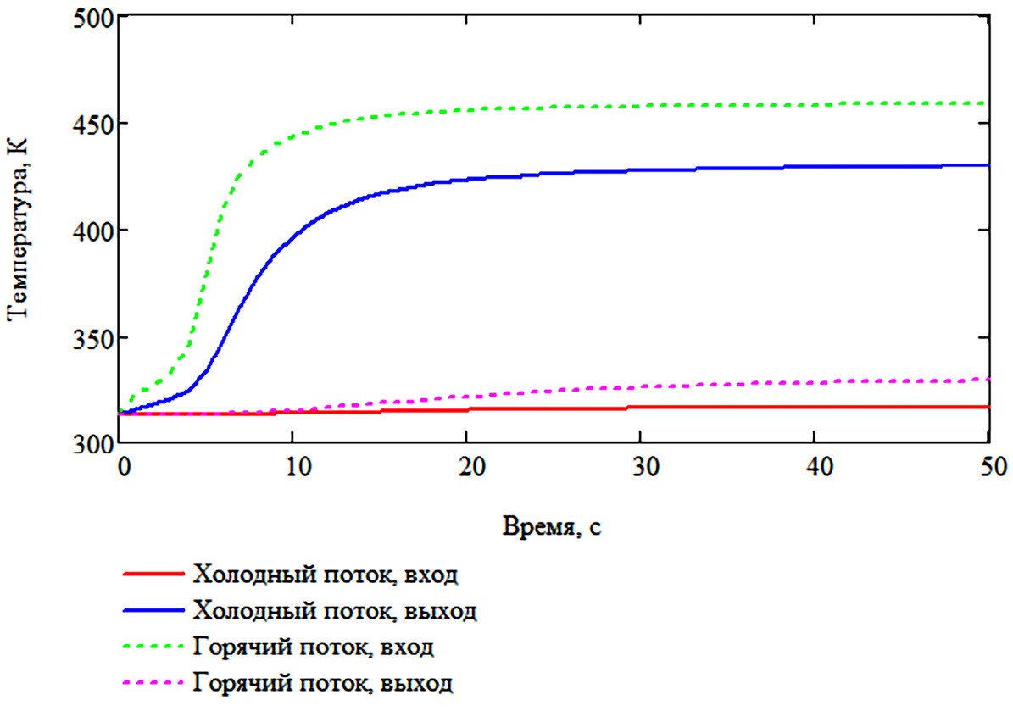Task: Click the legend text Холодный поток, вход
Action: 326,575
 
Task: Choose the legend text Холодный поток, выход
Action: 335,610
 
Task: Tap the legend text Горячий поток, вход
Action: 314,647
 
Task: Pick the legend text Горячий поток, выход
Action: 323,682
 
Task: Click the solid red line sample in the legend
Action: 153,575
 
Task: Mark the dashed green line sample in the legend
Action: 153,647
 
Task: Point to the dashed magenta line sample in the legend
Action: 153,682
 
